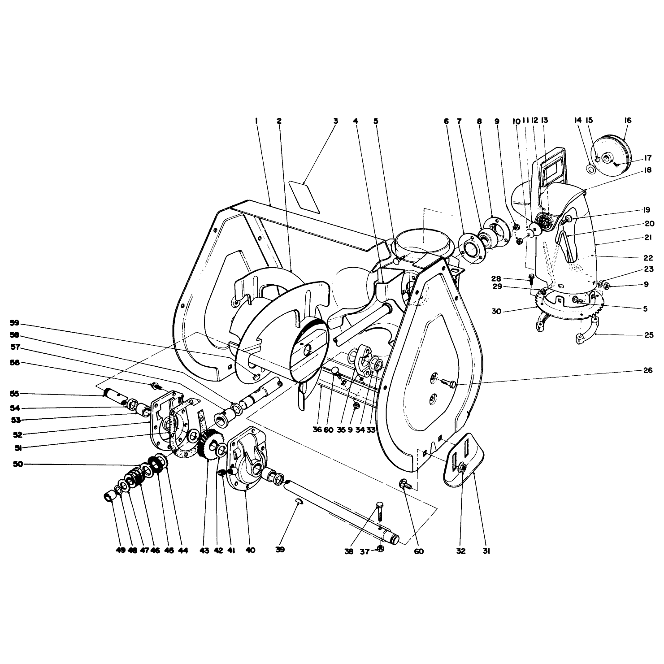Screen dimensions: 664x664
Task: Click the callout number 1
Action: (x=256, y=121)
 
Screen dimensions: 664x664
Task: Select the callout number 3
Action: (x=335, y=121)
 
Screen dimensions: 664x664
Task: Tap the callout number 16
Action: (x=627, y=120)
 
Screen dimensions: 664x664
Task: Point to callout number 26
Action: (x=647, y=370)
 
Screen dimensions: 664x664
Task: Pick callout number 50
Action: (x=18, y=464)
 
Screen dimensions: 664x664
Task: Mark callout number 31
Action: (x=486, y=551)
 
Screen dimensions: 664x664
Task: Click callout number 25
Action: (x=648, y=335)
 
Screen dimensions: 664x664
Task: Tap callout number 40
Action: (x=250, y=550)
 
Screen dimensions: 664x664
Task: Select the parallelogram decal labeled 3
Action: (x=304, y=196)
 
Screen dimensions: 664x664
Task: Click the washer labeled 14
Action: (x=590, y=169)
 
